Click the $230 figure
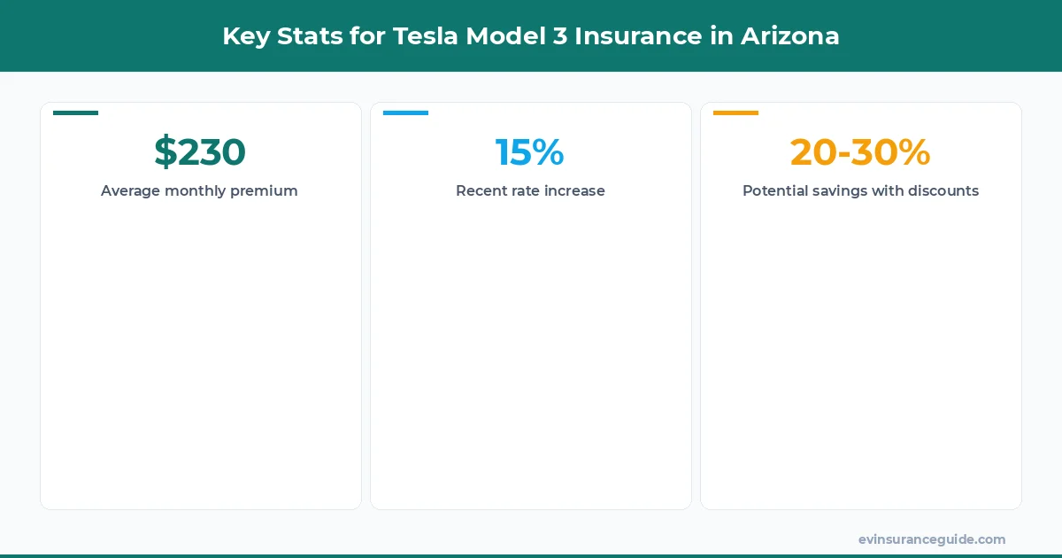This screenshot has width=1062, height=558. (200, 151)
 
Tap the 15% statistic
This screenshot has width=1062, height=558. (530, 151)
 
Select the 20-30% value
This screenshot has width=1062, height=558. (860, 151)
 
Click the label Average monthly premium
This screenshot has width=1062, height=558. (199, 190)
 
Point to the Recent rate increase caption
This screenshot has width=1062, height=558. (530, 190)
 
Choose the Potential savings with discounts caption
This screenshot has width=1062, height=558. (860, 190)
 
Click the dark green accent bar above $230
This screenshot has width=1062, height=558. (75, 112)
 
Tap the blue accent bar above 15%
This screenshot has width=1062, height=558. (405, 112)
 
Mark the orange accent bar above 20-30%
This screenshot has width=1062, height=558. (735, 112)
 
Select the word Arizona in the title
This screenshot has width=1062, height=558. (789, 36)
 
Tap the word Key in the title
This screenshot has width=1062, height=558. (243, 36)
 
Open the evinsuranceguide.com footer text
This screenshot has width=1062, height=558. (932, 539)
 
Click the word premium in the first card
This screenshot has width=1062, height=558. (264, 191)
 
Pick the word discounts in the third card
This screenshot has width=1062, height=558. (943, 190)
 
